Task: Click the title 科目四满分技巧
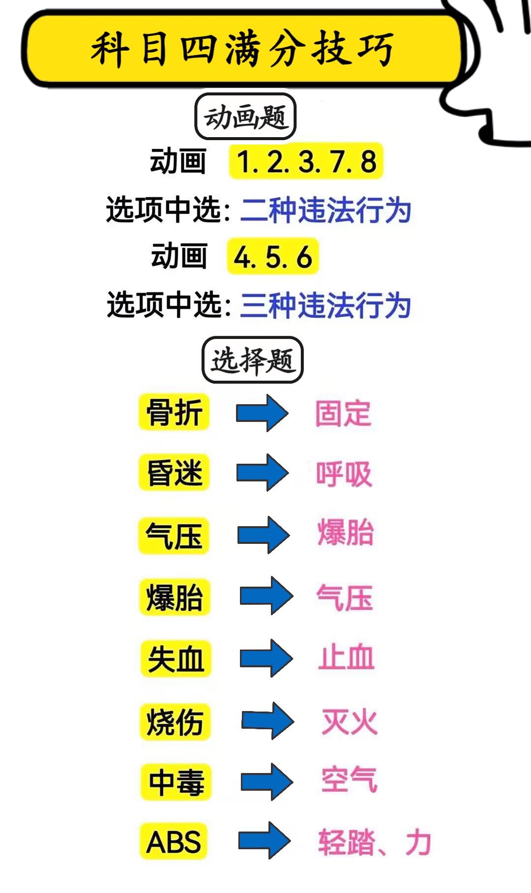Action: (242, 49)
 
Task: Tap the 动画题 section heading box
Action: (245, 117)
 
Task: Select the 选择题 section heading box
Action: (252, 360)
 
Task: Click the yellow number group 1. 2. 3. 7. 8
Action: (306, 161)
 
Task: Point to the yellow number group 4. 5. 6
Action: (273, 257)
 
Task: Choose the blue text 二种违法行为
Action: (325, 210)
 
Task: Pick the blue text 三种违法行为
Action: (325, 305)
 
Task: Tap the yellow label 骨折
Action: (175, 412)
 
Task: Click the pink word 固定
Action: (343, 413)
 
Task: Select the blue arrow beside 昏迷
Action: (262, 473)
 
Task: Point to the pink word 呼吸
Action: (344, 474)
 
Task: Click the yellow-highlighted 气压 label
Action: (174, 536)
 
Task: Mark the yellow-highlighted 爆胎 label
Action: (175, 597)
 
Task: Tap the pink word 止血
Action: (346, 657)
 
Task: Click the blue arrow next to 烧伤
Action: (267, 721)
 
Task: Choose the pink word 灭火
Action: (349, 721)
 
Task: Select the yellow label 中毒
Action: (176, 782)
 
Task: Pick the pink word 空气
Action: (349, 780)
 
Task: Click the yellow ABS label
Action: (174, 841)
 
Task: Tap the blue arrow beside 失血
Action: (266, 658)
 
